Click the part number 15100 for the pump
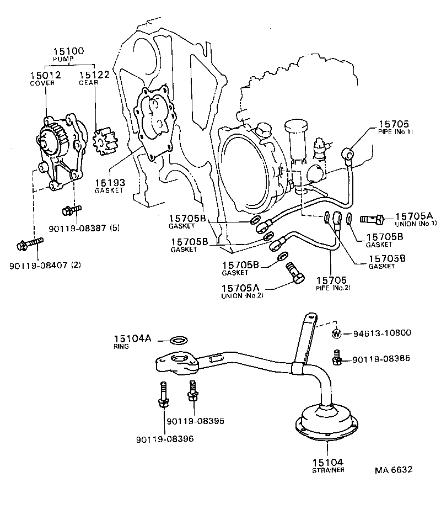68,51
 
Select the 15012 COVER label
45,78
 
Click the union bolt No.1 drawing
373,219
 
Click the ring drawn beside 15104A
179,339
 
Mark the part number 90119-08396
165,439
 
